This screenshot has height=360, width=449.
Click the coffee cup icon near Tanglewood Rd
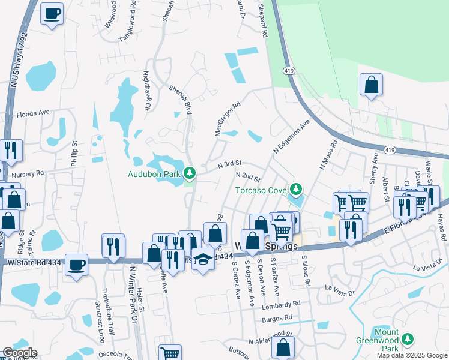point(52,13)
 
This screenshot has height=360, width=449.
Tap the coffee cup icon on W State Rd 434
point(76,265)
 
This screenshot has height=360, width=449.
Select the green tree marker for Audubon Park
point(190,173)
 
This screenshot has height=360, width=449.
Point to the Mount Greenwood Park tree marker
point(408,340)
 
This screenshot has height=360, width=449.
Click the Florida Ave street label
point(32,113)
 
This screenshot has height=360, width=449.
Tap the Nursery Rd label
point(28,173)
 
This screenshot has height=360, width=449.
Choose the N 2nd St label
point(249,177)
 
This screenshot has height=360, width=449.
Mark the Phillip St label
point(74,154)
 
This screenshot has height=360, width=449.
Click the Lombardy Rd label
point(280,304)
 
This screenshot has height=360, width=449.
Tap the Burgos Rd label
point(279,317)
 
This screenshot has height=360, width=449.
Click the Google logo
point(19,353)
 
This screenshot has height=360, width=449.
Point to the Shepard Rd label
point(262,24)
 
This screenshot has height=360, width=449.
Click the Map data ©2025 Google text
point(411,355)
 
